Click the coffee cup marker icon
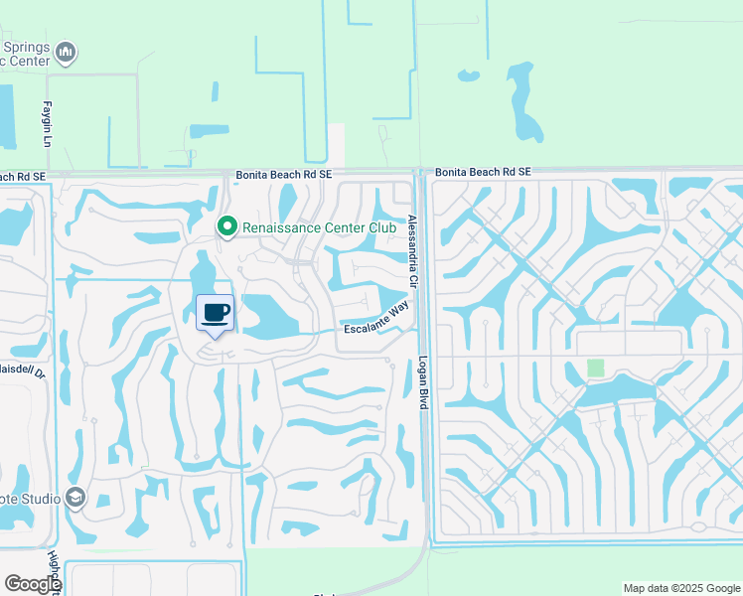click(x=216, y=314)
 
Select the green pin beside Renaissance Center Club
click(x=227, y=227)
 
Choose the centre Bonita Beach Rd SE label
click(x=278, y=174)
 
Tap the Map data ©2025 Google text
click(x=680, y=588)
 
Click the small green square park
click(x=595, y=368)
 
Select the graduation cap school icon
click(x=75, y=497)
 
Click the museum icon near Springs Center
click(x=67, y=52)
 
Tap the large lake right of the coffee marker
click(x=261, y=316)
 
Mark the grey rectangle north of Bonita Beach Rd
click(x=336, y=145)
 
